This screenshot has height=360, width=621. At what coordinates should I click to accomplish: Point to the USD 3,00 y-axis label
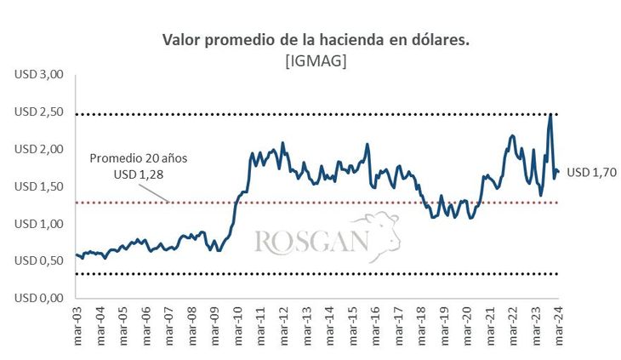(x=39, y=75)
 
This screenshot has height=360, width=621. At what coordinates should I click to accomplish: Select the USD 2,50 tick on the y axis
(x=39, y=112)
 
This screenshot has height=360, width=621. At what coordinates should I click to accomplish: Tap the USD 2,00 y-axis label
(x=39, y=150)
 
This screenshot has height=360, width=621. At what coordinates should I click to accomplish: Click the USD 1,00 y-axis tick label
(x=39, y=224)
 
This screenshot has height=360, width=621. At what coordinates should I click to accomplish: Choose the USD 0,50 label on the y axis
(x=39, y=261)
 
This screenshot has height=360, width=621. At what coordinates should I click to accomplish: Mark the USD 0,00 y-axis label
(x=39, y=299)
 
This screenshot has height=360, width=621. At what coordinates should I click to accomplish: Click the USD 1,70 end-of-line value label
(x=590, y=173)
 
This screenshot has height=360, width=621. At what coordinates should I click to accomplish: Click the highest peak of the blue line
(x=550, y=114)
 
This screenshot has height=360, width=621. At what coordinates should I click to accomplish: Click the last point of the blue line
(x=558, y=172)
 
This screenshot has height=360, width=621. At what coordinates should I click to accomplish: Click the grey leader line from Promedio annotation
(x=159, y=191)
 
